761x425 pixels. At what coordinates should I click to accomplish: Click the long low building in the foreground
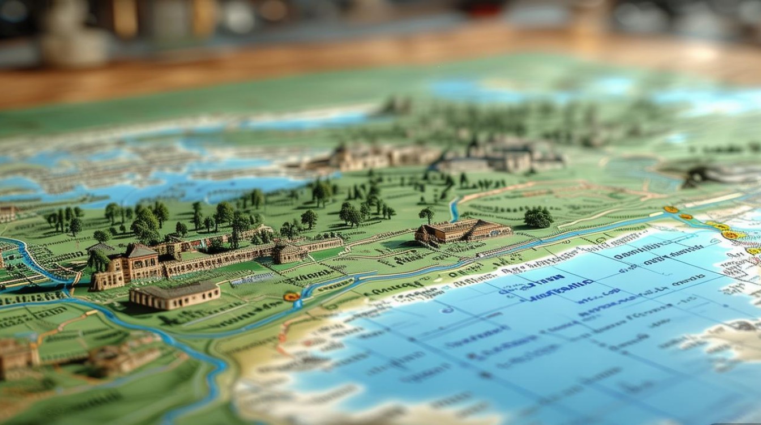(174, 296)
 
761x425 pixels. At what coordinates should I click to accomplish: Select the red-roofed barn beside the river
(463, 231)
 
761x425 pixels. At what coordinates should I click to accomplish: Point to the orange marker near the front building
(292, 296)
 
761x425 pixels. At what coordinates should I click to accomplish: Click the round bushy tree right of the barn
(538, 217)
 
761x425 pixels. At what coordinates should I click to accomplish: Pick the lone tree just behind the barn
(426, 214)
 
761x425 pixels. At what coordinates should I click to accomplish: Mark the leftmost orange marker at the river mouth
(671, 210)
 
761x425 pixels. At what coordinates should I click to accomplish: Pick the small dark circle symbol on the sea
(447, 311)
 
